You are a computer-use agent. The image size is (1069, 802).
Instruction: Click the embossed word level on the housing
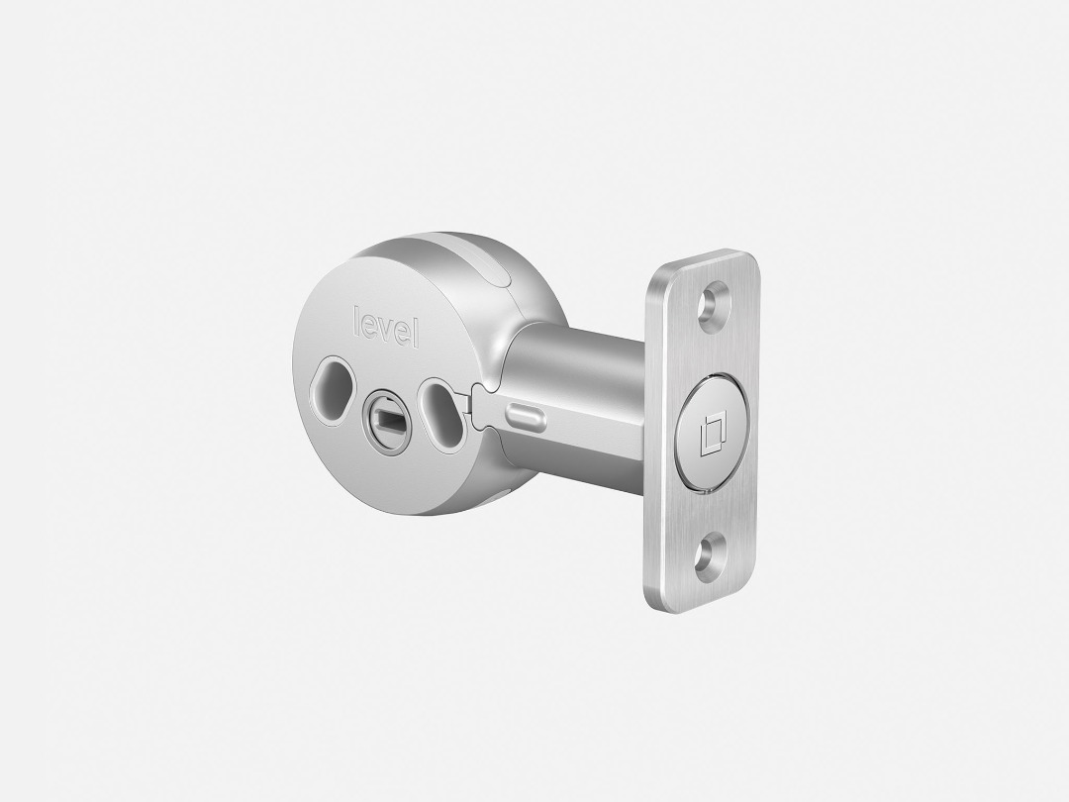386,328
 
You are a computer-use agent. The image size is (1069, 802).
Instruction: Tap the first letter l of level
356,319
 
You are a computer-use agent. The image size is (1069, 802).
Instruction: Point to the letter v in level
386,329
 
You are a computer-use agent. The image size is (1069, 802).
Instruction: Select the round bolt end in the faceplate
711,433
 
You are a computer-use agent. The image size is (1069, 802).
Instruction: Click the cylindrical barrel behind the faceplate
579,396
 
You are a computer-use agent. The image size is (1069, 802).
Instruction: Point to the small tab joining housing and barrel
481,407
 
